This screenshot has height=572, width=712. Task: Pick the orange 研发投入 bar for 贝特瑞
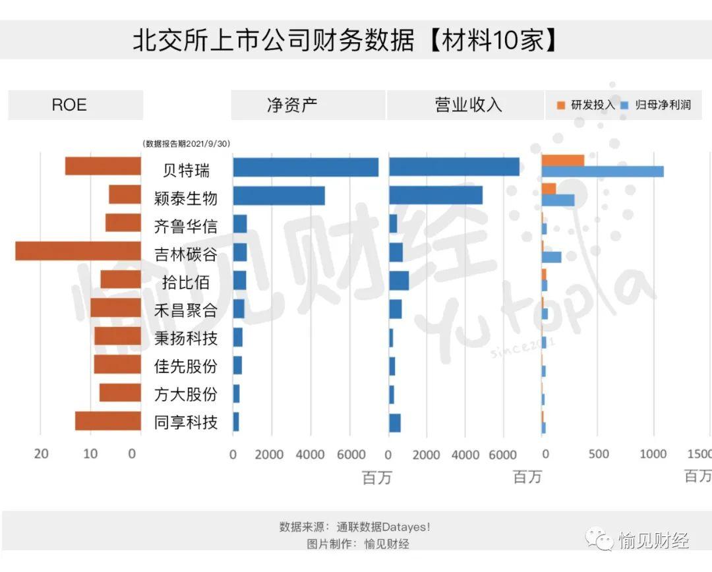click(x=562, y=160)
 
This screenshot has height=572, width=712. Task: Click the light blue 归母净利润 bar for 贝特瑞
click(x=602, y=171)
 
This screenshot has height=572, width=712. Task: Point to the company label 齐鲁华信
click(x=185, y=226)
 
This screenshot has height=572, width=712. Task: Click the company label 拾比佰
click(x=185, y=282)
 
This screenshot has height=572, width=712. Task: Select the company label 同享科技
click(x=185, y=422)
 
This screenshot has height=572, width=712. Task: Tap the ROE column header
click(x=69, y=105)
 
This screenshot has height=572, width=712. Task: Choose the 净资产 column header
click(x=292, y=105)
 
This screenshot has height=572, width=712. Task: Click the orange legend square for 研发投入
click(x=561, y=105)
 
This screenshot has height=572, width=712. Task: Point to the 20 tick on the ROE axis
click(x=41, y=453)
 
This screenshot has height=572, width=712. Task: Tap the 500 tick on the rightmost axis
click(x=598, y=454)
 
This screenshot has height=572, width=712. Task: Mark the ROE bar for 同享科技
click(x=107, y=421)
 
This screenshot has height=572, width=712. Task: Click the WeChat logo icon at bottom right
click(x=600, y=540)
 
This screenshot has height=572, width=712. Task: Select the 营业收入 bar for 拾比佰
click(x=399, y=280)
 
